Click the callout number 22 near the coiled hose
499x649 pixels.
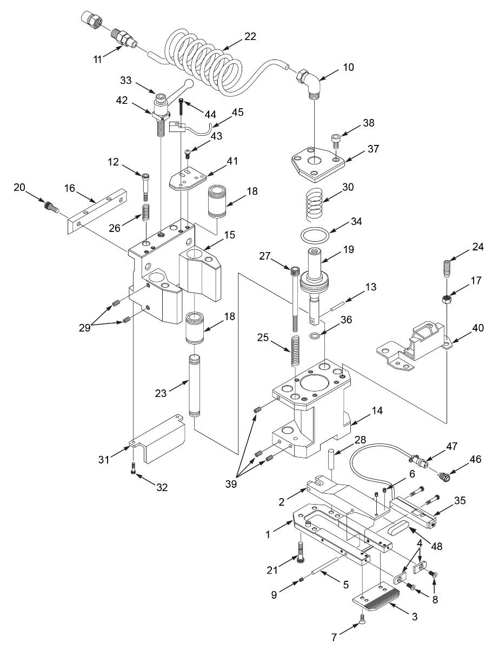pyautogui.click(x=250, y=37)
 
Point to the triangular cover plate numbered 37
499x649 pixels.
pyautogui.click(x=318, y=164)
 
